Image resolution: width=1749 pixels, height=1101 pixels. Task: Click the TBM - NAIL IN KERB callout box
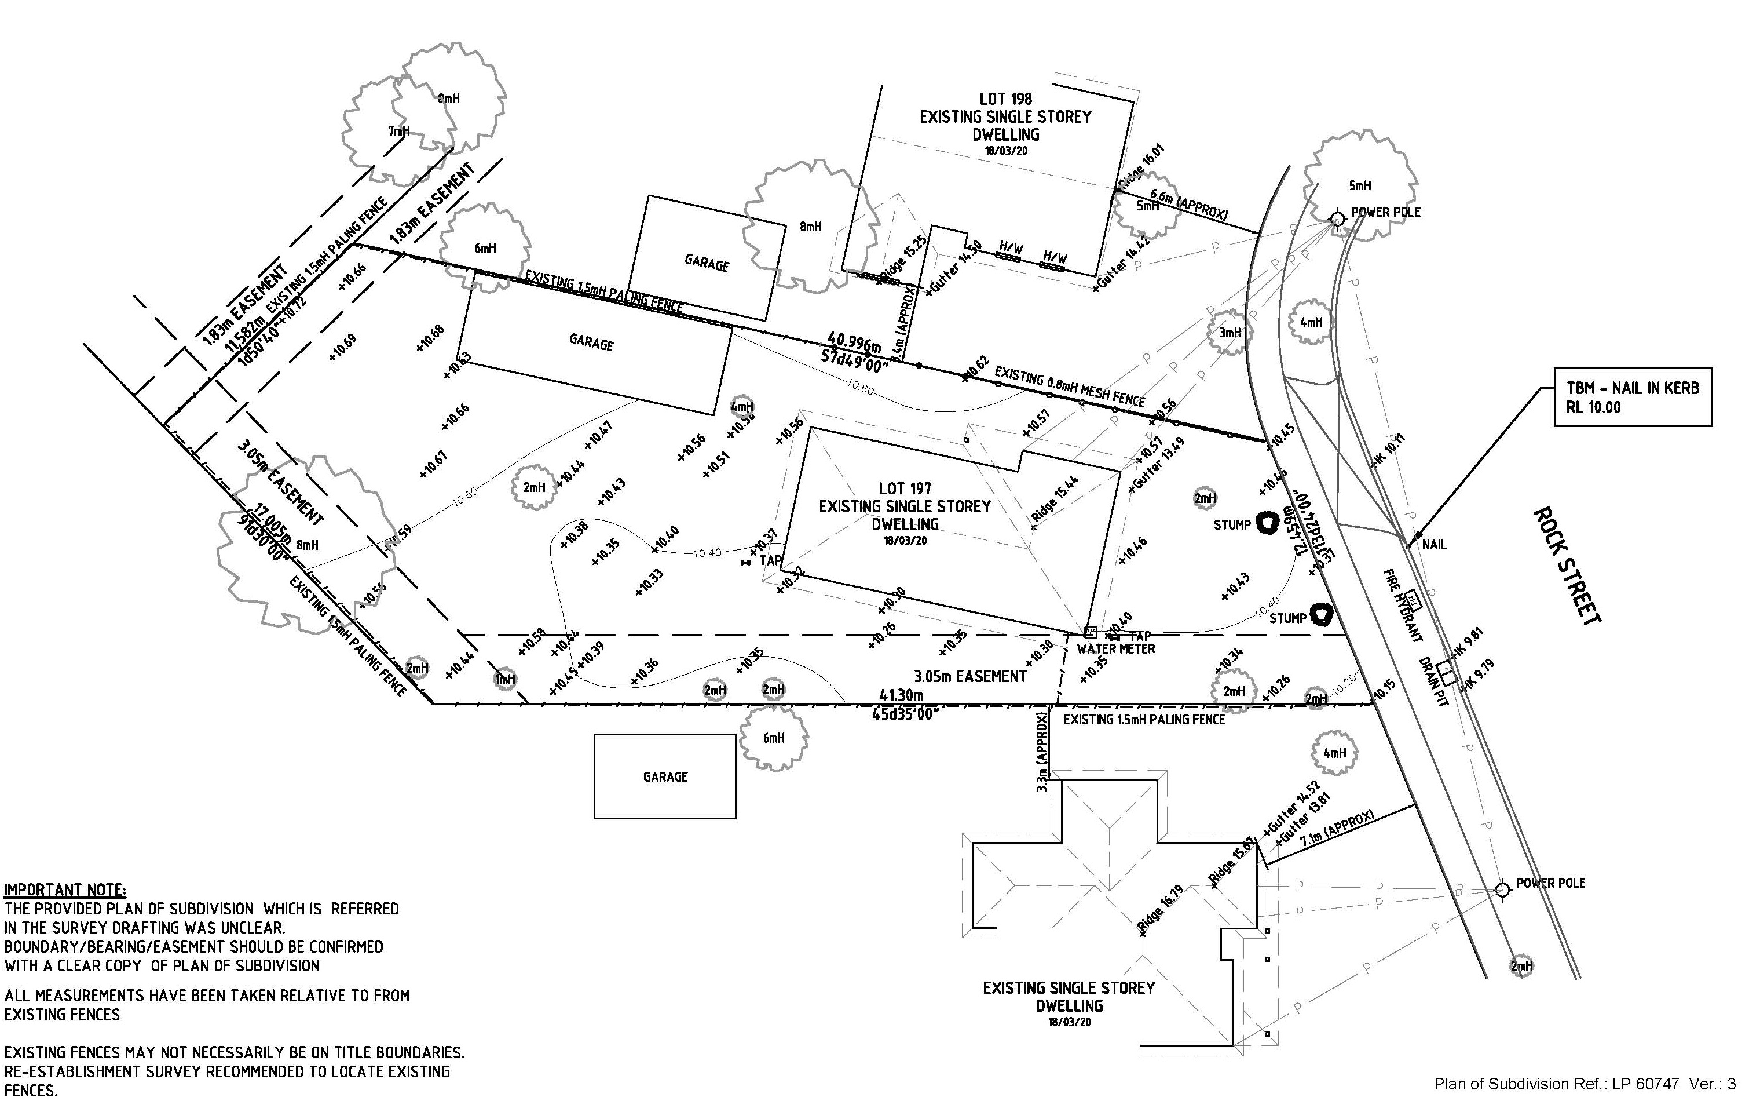click(1632, 398)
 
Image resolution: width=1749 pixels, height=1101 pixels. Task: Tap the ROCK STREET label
click(1567, 566)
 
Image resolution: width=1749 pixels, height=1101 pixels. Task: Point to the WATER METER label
click(1115, 649)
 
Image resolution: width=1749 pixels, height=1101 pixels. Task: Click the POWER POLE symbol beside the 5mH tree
click(1337, 217)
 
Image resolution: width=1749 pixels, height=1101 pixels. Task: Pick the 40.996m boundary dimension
click(854, 341)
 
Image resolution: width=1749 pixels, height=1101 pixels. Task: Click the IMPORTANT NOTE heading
click(65, 890)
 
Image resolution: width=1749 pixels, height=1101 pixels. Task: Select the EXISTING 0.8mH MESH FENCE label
click(1069, 387)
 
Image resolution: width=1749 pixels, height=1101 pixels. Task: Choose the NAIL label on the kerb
click(1434, 544)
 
